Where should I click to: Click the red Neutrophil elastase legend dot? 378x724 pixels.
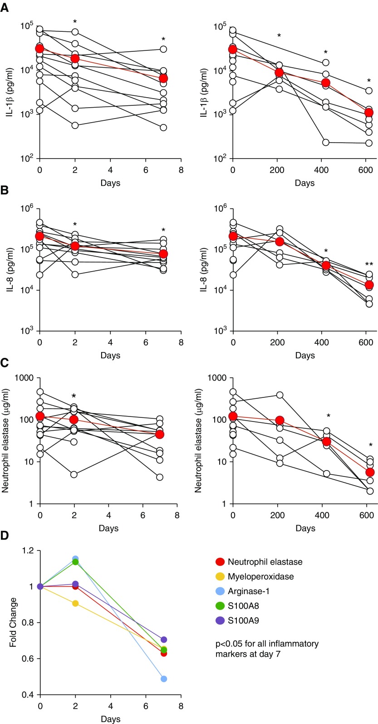click(x=221, y=561)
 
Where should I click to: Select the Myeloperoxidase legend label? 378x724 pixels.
click(x=260, y=576)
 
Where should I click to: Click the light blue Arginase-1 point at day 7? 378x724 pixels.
click(x=163, y=679)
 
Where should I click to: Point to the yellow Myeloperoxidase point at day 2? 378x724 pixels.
click(x=75, y=603)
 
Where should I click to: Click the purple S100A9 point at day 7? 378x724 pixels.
click(x=163, y=640)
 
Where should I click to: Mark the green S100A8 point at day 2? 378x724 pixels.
click(x=75, y=562)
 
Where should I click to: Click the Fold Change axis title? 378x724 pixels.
click(x=13, y=622)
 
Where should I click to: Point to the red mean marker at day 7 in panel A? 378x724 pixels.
click(x=163, y=79)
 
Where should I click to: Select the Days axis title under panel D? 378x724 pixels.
click(x=111, y=719)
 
